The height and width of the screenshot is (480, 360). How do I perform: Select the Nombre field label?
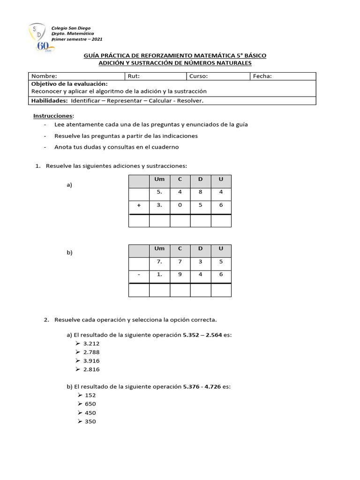click(x=44, y=76)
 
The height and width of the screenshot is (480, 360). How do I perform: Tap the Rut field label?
click(x=134, y=76)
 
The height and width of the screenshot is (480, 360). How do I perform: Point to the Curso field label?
click(x=199, y=76)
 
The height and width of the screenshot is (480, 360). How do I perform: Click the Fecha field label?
click(x=262, y=76)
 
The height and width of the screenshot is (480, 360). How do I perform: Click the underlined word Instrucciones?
click(x=53, y=115)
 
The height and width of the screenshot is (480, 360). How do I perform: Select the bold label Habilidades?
click(x=49, y=100)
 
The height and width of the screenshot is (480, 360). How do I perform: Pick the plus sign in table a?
click(x=139, y=205)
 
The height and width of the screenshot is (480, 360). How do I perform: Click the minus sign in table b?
click(x=139, y=274)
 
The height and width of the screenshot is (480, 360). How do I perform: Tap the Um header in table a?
click(x=159, y=179)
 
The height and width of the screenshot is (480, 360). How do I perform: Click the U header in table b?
click(x=221, y=248)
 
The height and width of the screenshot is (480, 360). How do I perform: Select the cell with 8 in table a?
click(x=200, y=192)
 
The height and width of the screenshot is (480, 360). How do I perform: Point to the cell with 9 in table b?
click(x=180, y=274)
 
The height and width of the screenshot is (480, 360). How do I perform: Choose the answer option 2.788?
click(x=91, y=352)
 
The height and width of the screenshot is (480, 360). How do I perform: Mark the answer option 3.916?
click(x=91, y=360)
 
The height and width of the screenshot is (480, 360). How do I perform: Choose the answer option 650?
click(x=90, y=404)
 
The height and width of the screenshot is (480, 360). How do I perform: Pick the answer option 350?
click(x=90, y=421)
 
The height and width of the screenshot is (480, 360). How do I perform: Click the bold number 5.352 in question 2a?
click(x=192, y=335)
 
